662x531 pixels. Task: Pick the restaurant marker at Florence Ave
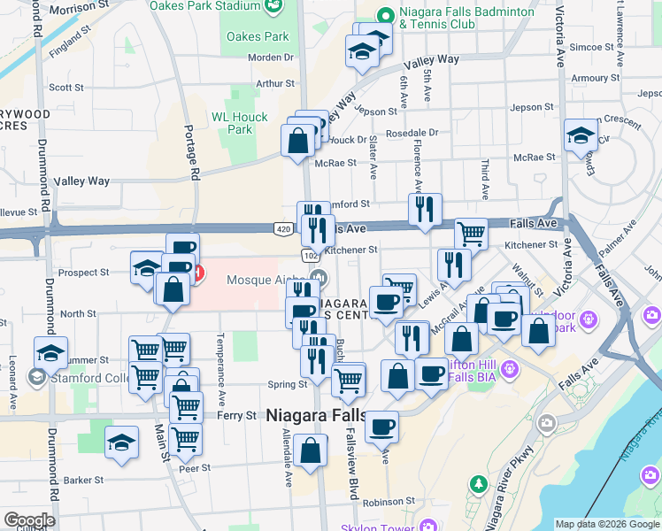click(x=425, y=209)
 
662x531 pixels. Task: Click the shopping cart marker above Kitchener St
click(x=471, y=234)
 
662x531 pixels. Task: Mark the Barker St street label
click(x=83, y=480)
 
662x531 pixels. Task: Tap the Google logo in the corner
click(x=28, y=520)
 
